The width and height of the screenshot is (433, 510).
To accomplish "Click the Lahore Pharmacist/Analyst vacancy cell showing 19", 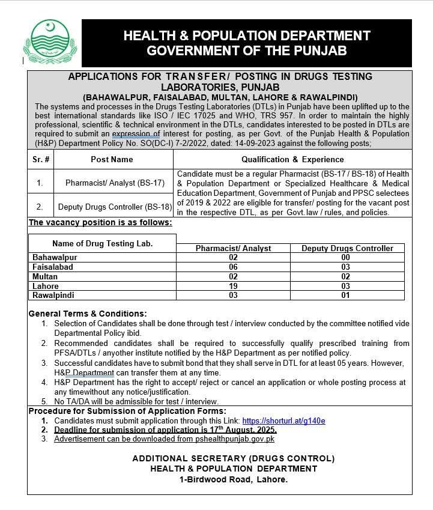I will coord(233,287).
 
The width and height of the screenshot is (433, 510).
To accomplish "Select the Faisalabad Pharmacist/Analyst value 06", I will coord(233,267).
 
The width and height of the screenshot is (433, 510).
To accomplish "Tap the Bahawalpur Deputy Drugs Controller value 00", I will coord(345,257).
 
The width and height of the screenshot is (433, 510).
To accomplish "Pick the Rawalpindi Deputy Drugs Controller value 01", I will coord(345,296).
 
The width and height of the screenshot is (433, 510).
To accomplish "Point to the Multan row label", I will coord(45,277).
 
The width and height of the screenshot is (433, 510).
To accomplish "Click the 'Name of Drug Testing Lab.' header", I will coord(102,243).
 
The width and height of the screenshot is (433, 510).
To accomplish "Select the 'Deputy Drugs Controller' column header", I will coord(347,248).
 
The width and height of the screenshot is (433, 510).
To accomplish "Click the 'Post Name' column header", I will coord(112,160).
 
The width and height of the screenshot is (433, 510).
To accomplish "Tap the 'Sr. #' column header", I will coord(41,160).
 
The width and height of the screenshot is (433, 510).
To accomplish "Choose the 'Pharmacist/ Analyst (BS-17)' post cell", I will coord(112,181).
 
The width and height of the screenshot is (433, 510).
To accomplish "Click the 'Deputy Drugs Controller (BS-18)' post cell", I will coord(115,207).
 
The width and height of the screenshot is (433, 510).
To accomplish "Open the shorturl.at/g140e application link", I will coord(284,421).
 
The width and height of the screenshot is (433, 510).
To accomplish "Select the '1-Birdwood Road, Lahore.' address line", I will coord(234,479).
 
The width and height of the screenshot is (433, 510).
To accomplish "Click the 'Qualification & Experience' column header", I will coord(292,160).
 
